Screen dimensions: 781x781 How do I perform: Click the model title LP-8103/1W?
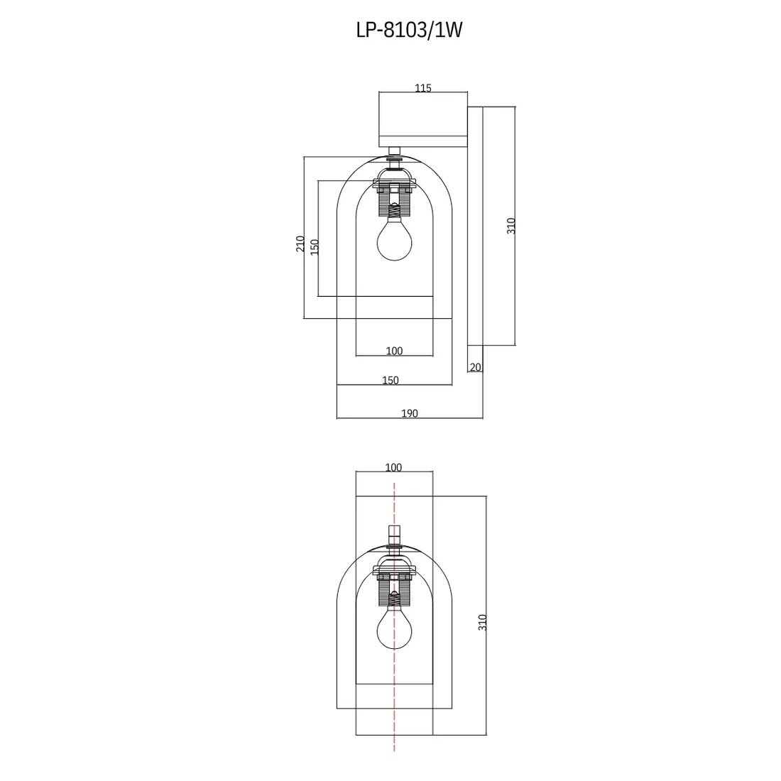pyautogui.click(x=410, y=30)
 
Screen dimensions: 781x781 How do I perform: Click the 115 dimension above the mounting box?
pyautogui.click(x=423, y=88)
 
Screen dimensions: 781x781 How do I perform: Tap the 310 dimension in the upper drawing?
pyautogui.click(x=511, y=226)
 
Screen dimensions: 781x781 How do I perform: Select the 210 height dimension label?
pyautogui.click(x=300, y=244)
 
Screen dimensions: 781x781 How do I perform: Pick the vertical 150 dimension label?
pyautogui.click(x=315, y=247)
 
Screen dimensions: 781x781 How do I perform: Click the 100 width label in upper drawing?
pyautogui.click(x=395, y=351)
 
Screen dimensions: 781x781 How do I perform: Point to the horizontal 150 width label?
pyautogui.click(x=390, y=381)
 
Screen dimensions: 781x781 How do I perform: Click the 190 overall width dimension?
pyautogui.click(x=410, y=413)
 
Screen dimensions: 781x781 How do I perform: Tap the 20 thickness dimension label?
pyautogui.click(x=476, y=368)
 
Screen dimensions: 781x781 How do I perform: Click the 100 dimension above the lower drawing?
pyautogui.click(x=393, y=468)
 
